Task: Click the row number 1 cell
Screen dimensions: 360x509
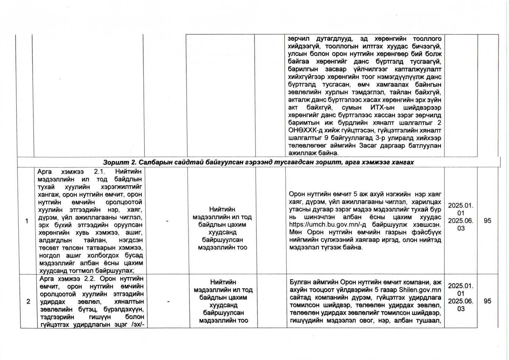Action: coord(27,221)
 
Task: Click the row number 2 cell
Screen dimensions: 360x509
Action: coord(28,301)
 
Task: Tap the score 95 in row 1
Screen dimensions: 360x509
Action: coord(487,221)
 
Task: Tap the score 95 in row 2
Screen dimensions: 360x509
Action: coord(487,301)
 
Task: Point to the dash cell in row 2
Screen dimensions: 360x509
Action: coord(168,301)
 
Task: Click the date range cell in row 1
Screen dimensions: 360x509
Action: coord(461,217)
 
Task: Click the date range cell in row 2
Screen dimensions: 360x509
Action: coord(461,297)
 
